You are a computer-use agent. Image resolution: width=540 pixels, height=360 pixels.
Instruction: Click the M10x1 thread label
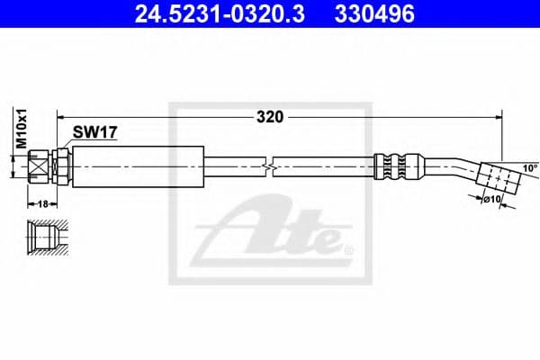[x=20, y=127]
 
